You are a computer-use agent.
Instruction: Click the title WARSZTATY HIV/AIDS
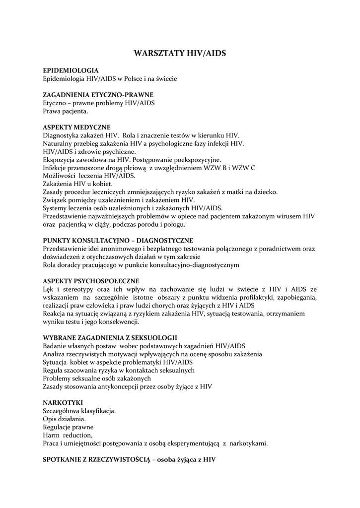tap(180, 53)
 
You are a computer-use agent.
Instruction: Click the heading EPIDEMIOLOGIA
tap(71, 71)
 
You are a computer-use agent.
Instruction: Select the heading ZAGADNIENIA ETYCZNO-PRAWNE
tap(98, 95)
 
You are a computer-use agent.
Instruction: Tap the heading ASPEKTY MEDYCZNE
tap(76, 127)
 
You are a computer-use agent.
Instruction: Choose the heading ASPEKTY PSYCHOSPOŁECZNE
tap(91, 281)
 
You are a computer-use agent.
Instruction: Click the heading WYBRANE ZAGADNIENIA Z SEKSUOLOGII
tap(110, 337)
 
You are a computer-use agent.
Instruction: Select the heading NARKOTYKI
tap(63, 402)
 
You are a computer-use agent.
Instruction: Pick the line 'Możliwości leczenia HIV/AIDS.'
tap(89, 176)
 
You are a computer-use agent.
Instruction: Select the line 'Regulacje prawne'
tap(68, 427)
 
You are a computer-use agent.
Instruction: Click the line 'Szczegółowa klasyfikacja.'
tap(80, 411)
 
